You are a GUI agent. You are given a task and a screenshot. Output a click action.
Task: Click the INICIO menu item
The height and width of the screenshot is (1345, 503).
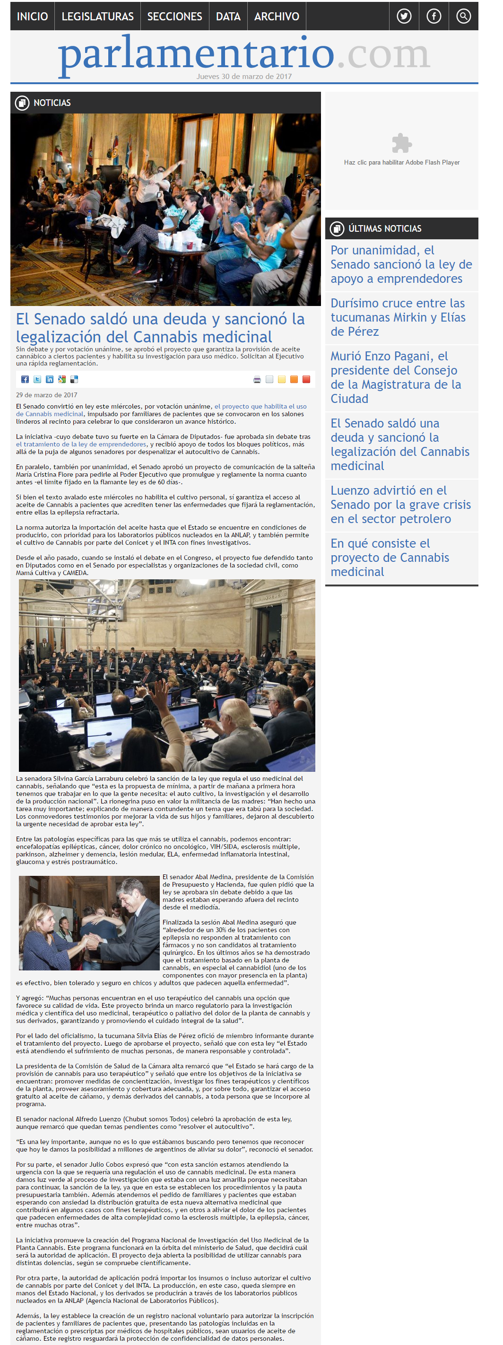(x=32, y=16)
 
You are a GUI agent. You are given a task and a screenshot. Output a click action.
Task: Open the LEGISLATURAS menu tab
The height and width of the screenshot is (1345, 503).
(x=97, y=16)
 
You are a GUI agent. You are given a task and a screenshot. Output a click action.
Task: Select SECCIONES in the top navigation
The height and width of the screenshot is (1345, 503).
(x=174, y=16)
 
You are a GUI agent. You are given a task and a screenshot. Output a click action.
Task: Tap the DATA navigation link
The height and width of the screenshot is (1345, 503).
(x=228, y=16)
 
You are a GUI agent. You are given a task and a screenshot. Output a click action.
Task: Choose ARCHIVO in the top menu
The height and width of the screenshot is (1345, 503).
(x=277, y=16)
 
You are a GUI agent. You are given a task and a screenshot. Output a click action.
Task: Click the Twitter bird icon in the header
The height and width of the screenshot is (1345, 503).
(x=404, y=16)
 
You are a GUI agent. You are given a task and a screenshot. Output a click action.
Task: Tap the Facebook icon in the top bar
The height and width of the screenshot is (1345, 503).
(x=434, y=16)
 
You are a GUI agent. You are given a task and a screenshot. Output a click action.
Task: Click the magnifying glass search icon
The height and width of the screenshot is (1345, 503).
(x=463, y=16)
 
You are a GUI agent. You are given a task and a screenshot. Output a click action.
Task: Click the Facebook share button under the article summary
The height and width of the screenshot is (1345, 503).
(x=25, y=380)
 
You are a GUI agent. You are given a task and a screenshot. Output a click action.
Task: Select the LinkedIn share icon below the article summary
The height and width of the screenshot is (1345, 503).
(x=50, y=380)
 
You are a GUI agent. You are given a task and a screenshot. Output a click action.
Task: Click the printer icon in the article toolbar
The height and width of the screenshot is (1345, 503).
(x=257, y=380)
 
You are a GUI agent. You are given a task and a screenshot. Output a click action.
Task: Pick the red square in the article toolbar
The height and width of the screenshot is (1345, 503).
(x=306, y=380)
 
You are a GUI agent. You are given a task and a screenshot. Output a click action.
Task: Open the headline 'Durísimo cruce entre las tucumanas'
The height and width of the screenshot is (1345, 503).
(x=398, y=317)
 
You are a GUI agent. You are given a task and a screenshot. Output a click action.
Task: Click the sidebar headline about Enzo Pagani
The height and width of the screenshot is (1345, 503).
(x=396, y=377)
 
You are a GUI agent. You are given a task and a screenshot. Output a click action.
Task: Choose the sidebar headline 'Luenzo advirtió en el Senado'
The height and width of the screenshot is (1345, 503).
(x=400, y=504)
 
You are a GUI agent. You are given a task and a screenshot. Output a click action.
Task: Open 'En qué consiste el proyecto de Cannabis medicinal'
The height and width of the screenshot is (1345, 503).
(x=389, y=557)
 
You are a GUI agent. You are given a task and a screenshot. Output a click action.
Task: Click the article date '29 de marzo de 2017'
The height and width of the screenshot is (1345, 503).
(x=46, y=395)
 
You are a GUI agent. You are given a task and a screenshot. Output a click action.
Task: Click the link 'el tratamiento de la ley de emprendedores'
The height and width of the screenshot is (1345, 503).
(x=81, y=445)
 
